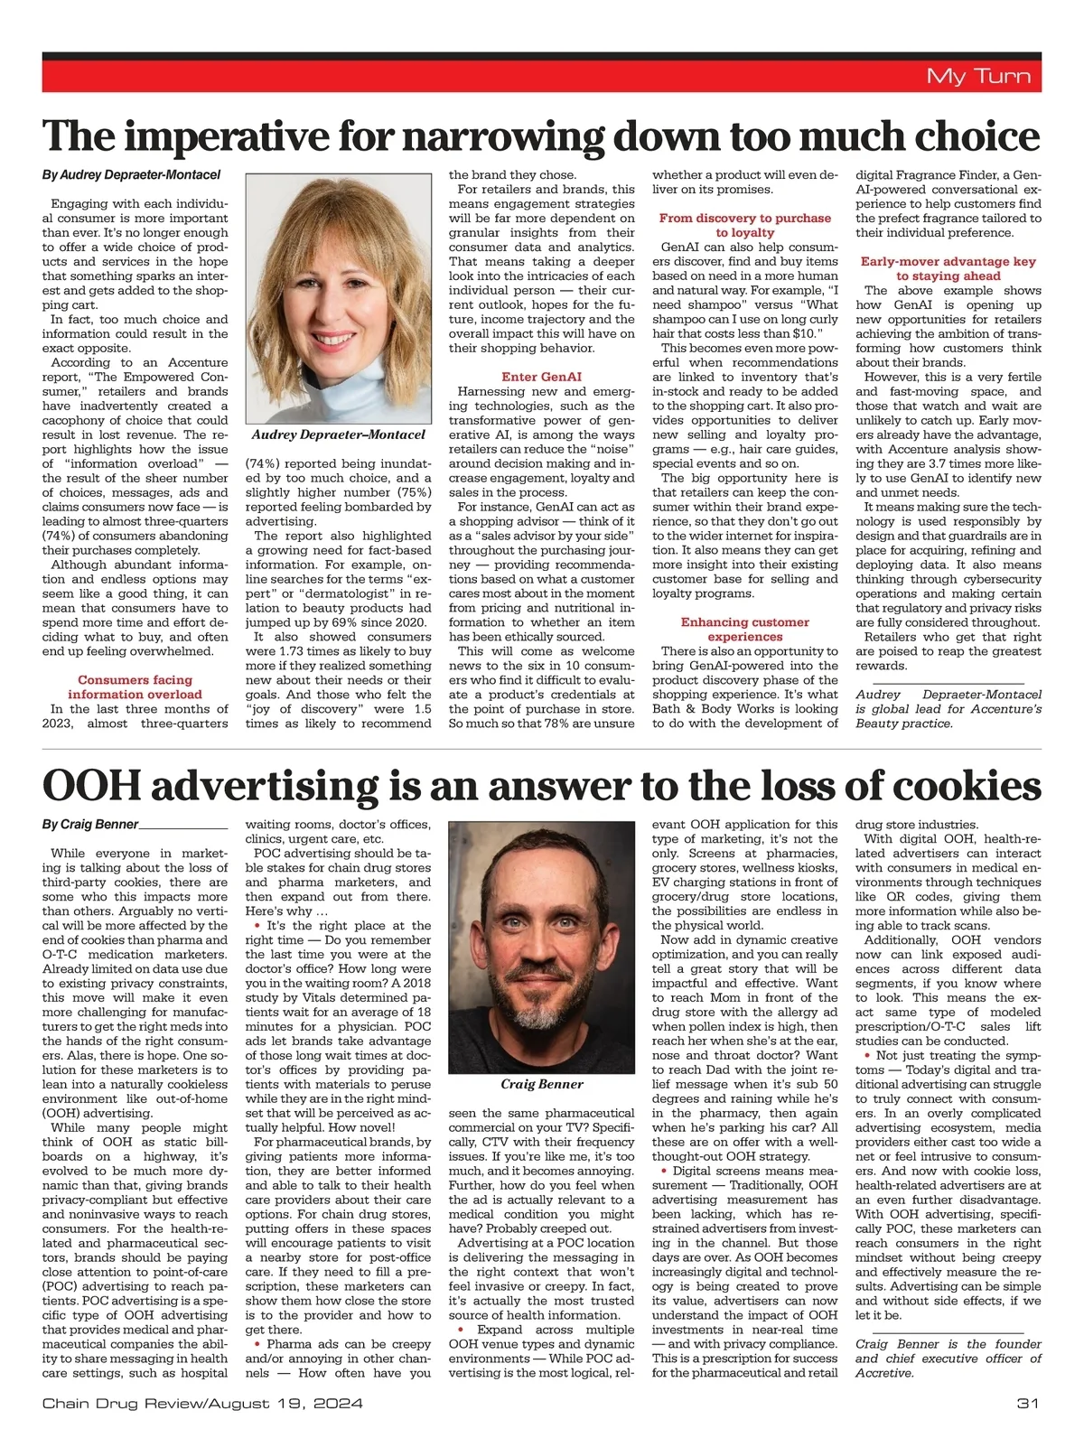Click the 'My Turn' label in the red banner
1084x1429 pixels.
pos(978,76)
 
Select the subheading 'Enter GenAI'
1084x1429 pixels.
pos(541,377)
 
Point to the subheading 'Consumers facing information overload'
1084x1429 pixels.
pos(135,686)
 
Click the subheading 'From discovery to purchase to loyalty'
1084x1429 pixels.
pos(744,225)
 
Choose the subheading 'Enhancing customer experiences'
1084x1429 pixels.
pos(744,629)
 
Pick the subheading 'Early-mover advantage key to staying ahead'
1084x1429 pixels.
pos(948,268)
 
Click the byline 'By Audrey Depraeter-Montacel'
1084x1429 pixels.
pos(131,175)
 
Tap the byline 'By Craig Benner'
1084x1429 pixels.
pos(90,824)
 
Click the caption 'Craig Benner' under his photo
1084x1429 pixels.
pos(542,1084)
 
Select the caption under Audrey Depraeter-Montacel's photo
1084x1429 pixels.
pos(338,434)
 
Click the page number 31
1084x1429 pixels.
pos(1028,1404)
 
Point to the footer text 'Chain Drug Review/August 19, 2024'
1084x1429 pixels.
pos(202,1404)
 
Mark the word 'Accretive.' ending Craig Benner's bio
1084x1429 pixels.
pos(885,1373)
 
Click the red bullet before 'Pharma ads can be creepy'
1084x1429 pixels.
pos(258,1344)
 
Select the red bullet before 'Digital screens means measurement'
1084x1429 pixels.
pos(664,1171)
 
